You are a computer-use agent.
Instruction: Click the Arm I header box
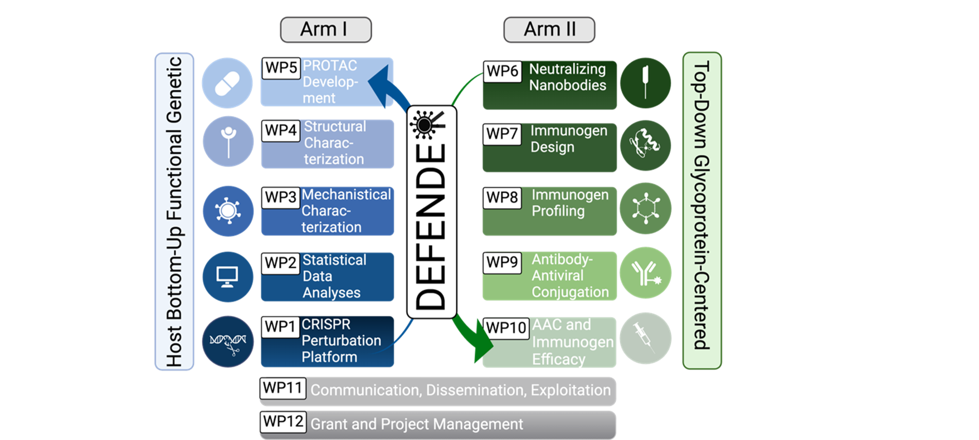click(x=325, y=30)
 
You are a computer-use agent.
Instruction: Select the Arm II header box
click(x=549, y=30)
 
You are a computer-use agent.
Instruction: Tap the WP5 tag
click(x=281, y=68)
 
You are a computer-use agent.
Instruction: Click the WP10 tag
click(x=506, y=327)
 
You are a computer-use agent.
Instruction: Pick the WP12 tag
click(x=283, y=421)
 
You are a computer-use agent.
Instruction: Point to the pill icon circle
click(x=227, y=83)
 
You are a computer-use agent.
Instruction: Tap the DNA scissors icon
click(x=227, y=341)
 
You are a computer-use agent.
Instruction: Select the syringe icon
click(x=645, y=338)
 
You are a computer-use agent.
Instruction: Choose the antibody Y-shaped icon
click(x=645, y=273)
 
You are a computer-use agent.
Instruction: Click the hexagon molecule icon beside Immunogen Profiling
click(x=645, y=208)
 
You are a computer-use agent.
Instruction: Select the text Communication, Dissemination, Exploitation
click(x=460, y=390)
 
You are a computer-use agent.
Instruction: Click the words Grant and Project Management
click(x=416, y=424)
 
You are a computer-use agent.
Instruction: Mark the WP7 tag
click(x=502, y=134)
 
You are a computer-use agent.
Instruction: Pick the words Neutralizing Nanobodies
click(x=567, y=77)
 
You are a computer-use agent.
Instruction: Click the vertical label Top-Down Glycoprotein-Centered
click(x=702, y=211)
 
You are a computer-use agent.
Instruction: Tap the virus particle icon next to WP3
click(x=227, y=211)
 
